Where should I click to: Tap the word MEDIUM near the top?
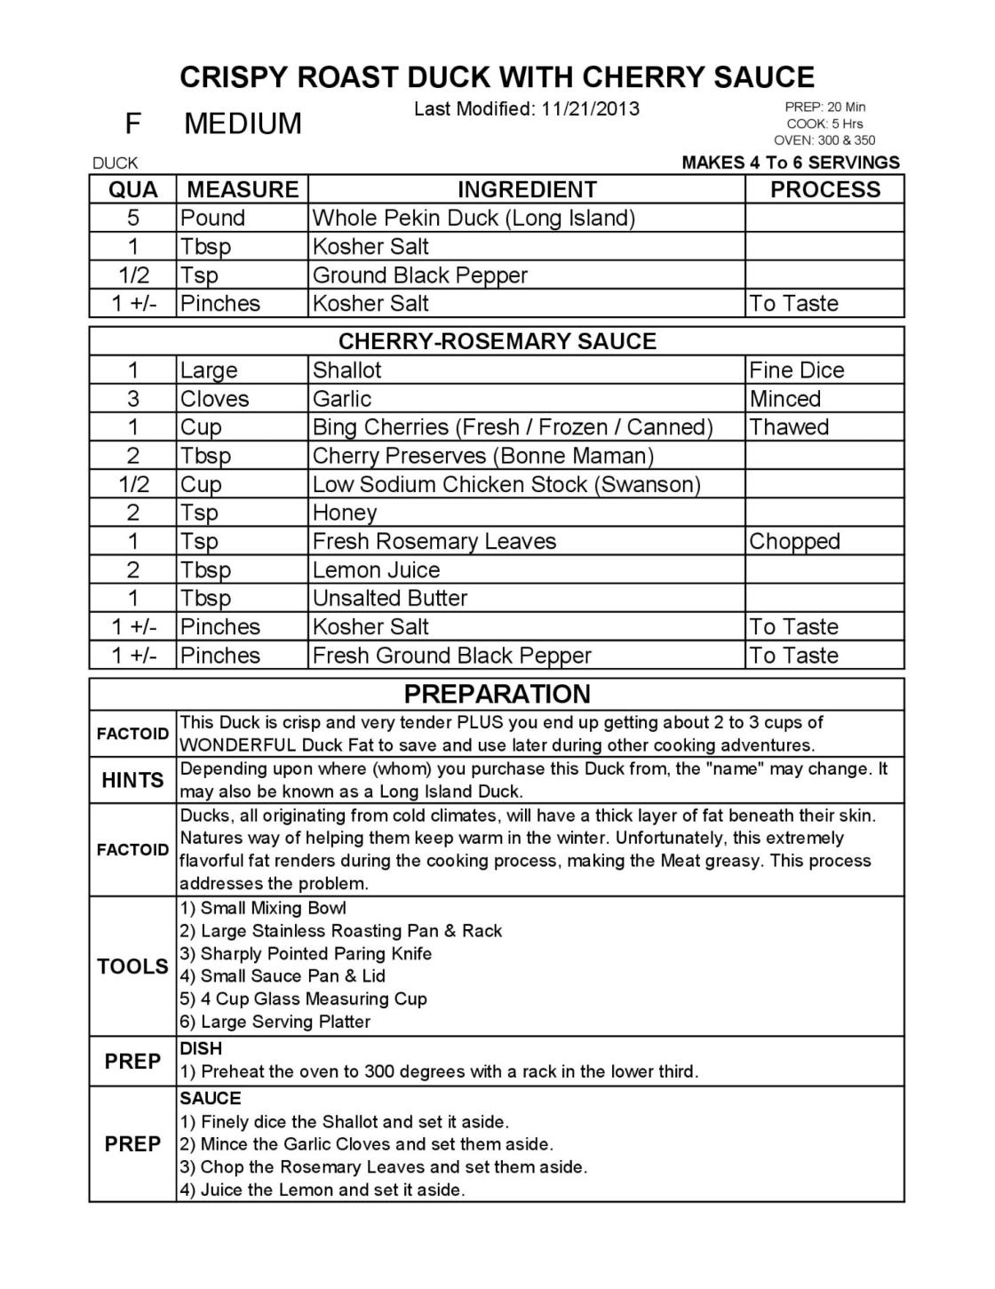pos(243,123)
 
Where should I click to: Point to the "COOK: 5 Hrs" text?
pos(824,123)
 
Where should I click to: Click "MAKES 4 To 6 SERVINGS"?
pos(791,163)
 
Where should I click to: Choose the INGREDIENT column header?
pos(527,189)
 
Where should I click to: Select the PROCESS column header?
pos(824,189)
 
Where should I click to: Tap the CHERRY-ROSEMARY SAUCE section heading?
pos(497,341)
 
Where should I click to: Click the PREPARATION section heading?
pos(497,694)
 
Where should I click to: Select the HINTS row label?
pos(132,780)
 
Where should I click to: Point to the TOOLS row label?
pos(132,967)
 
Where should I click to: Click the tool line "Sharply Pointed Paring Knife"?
pos(316,954)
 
